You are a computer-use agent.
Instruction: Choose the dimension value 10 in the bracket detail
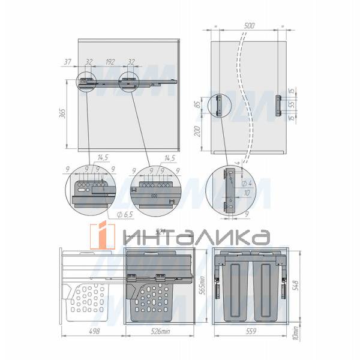(x=247, y=193)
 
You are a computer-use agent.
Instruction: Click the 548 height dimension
(x=294, y=284)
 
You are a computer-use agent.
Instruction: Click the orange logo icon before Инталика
(x=103, y=236)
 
